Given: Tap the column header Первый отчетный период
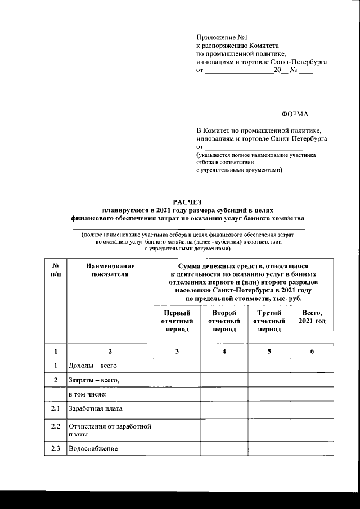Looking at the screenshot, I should point(177,321).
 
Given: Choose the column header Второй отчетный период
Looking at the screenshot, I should point(224,321).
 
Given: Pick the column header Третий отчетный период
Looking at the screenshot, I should point(269,321).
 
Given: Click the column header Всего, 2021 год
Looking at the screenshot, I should point(312,317).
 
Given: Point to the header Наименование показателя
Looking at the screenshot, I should point(110,269).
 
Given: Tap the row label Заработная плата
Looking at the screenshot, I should point(95,409).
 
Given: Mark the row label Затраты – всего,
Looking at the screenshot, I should point(93,380).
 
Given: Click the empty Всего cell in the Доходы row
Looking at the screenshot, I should point(312,366).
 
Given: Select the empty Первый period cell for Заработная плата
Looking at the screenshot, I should point(177,409).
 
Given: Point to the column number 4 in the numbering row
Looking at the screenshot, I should point(224,352).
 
